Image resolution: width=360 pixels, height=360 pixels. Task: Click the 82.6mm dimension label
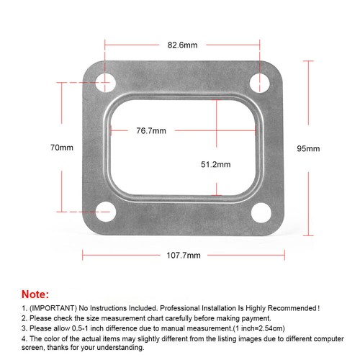point(182,45)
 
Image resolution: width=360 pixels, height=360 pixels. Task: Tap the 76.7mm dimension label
point(151,131)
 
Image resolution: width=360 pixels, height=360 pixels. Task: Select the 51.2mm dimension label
point(216,164)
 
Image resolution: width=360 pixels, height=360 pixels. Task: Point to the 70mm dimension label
point(62,148)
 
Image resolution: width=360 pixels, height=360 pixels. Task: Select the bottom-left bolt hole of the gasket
point(105,212)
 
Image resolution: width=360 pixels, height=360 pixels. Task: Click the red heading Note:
point(36,294)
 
